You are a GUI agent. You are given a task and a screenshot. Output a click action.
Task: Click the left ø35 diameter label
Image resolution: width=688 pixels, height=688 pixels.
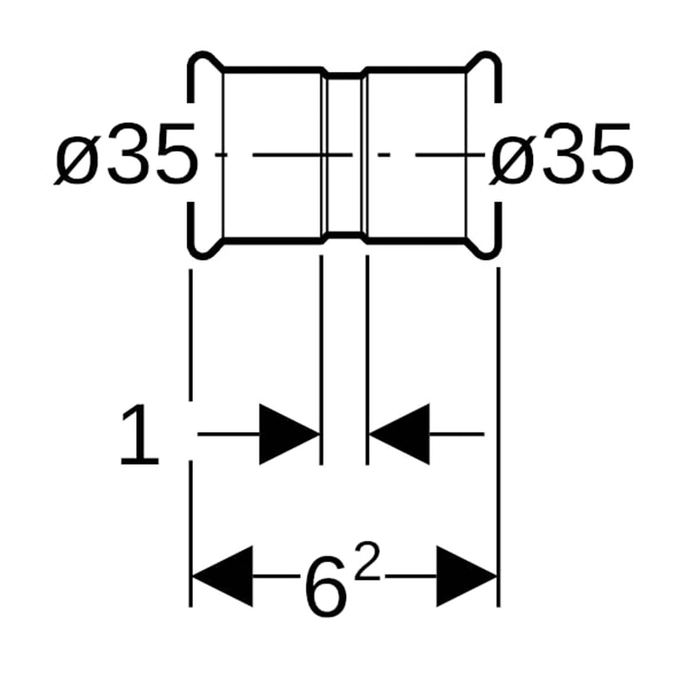point(125,154)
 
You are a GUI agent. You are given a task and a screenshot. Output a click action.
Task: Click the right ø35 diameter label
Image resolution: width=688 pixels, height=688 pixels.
point(562,154)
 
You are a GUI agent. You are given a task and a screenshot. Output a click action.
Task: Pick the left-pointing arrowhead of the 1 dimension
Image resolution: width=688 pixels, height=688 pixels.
point(399,434)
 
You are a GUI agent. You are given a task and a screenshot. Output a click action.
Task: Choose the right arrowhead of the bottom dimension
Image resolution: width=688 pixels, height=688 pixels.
point(467,575)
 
